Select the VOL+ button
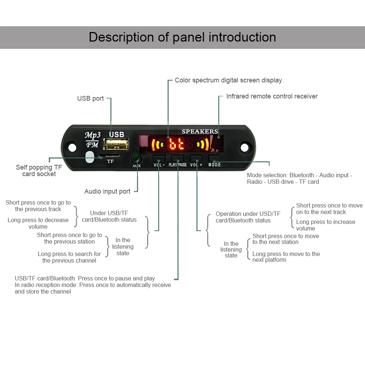point(196,158)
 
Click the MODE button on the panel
point(214,158)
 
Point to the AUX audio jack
point(136,159)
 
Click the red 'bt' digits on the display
point(177,145)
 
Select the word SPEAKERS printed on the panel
point(200,131)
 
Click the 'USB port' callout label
point(90,98)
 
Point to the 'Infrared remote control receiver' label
point(272,96)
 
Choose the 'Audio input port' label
point(107,191)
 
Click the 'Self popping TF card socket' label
point(39,171)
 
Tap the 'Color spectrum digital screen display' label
point(228,80)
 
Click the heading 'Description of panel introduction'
point(182,37)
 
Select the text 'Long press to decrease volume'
point(38,223)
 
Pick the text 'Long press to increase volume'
point(325,225)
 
